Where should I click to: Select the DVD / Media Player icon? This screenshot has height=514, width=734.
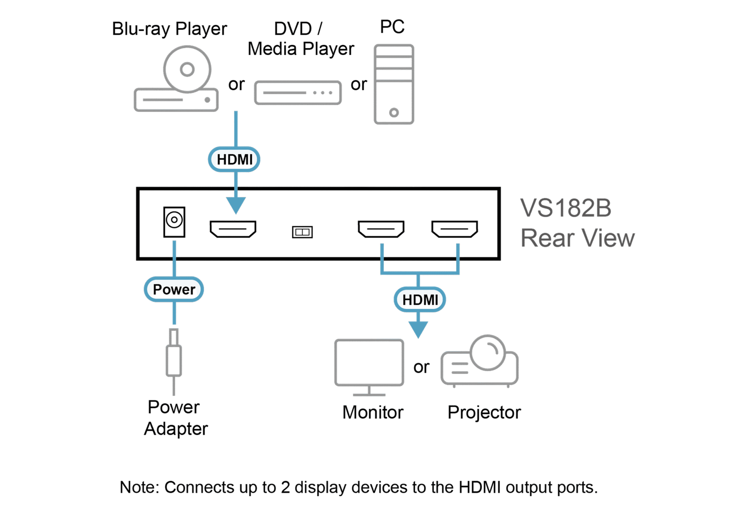coord(298,93)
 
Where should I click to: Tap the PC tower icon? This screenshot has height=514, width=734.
coord(394,84)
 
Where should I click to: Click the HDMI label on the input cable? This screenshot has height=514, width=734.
coord(234,159)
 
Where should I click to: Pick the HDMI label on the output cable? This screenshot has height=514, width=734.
coord(420,300)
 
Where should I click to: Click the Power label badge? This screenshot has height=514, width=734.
coord(174,290)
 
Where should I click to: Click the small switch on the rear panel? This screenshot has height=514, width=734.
coord(302,232)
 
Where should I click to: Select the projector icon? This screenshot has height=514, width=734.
coord(480,363)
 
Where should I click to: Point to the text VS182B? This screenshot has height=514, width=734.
coord(566,208)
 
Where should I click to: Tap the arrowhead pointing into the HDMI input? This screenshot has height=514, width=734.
coord(236,205)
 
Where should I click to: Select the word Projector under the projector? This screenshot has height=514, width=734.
coord(484,413)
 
